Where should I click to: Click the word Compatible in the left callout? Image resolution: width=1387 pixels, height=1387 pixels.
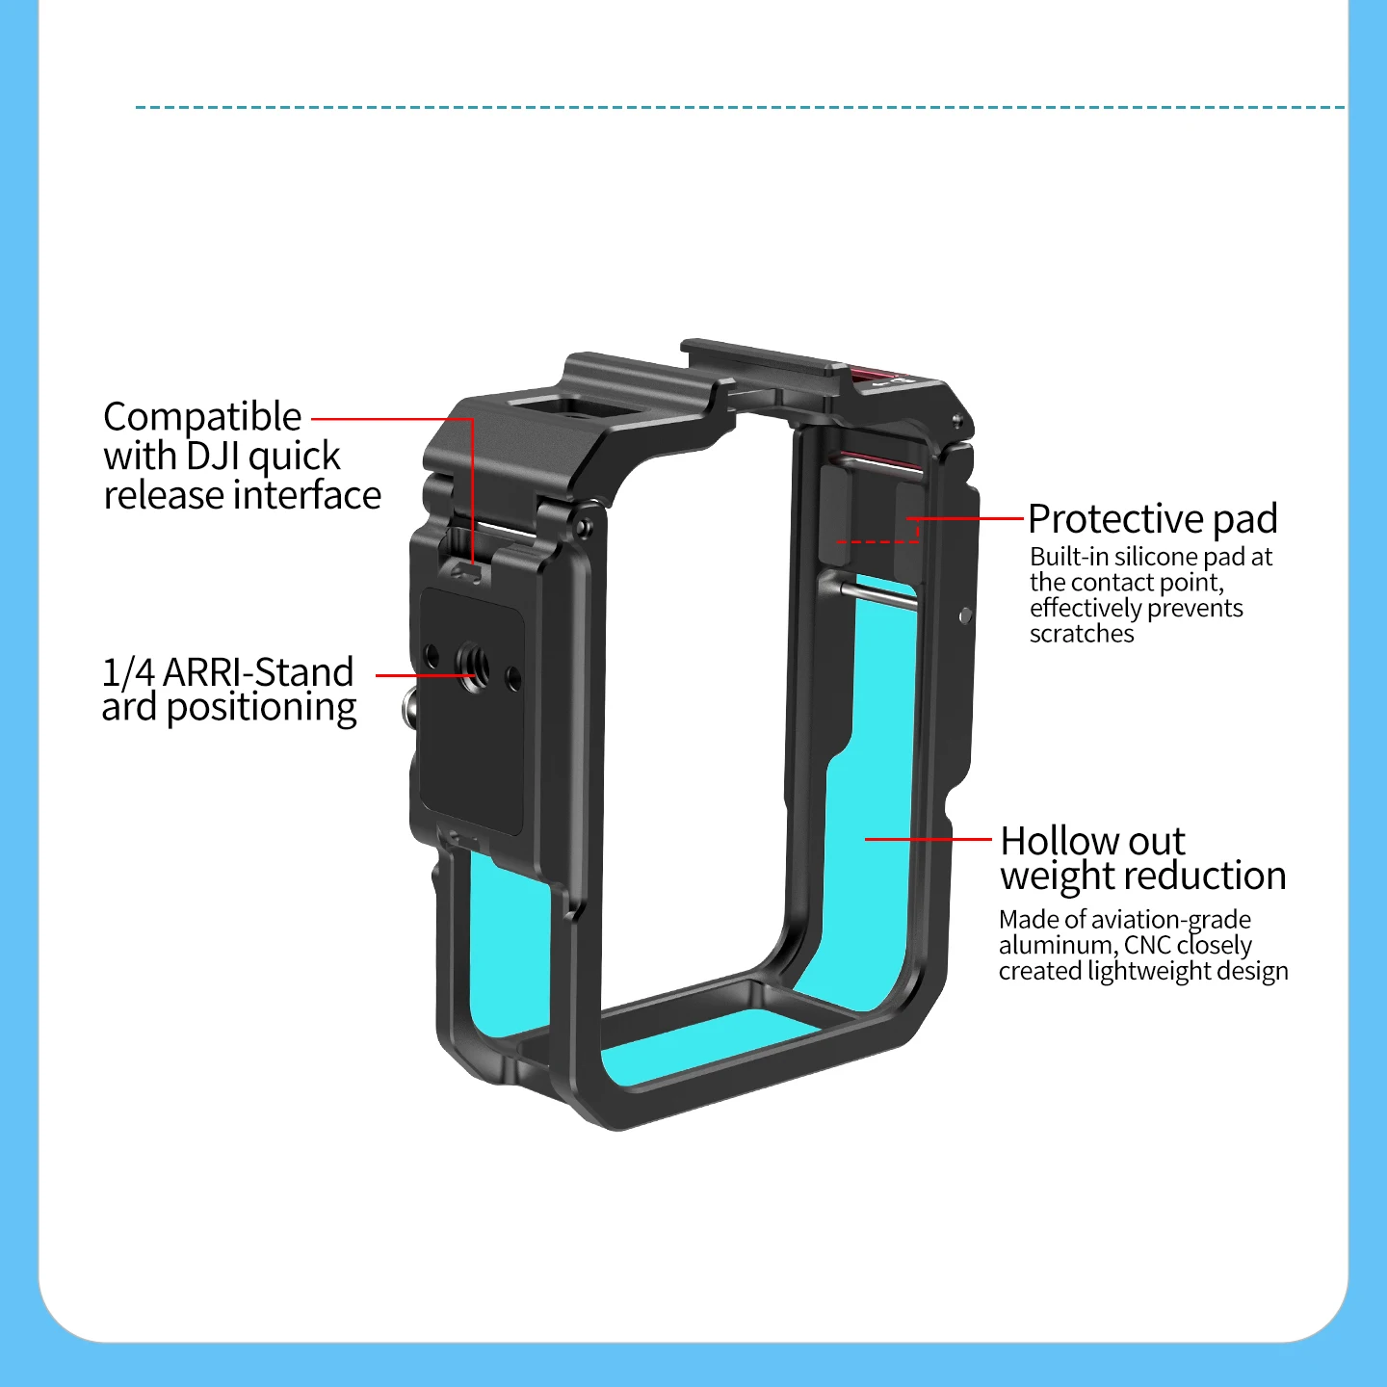pos(202,418)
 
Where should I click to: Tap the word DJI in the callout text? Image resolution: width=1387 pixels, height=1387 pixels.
pos(213,457)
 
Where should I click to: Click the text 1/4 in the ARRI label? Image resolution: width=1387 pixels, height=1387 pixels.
pos(128,672)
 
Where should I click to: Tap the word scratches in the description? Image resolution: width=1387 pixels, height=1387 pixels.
pos(1081,634)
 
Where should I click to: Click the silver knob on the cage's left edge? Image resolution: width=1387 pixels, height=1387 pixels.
pos(408,707)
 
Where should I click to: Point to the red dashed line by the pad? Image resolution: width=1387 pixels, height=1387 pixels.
pos(877,541)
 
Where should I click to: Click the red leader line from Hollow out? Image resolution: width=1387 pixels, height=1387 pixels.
pos(928,839)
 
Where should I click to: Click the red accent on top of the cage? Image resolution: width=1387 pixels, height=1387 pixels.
pos(873,374)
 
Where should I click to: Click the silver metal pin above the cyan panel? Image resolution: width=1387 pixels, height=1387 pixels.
pos(878,593)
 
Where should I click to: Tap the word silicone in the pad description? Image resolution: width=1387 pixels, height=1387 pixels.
pos(1155,557)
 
